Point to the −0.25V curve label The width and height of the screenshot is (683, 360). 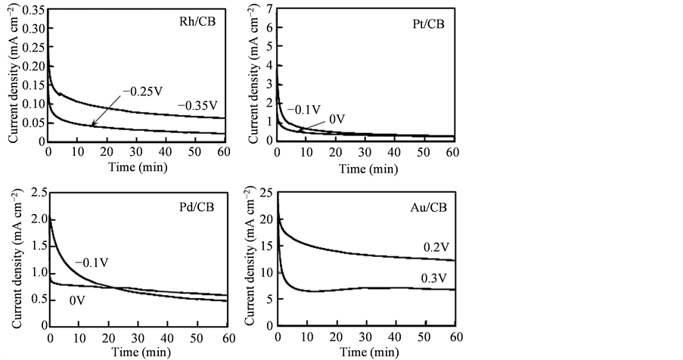142,92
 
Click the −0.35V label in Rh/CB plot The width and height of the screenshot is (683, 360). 198,105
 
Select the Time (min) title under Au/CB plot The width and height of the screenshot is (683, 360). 365,352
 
